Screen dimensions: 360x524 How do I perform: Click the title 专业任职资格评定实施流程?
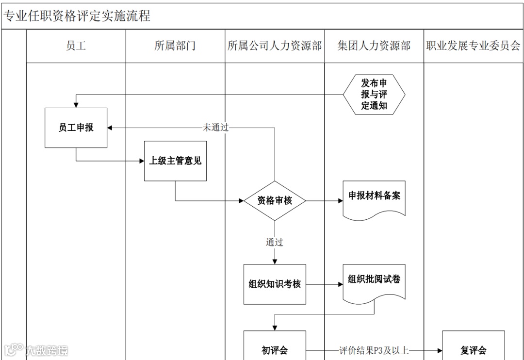pos(77,16)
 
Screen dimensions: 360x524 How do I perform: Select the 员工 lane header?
pos(76,46)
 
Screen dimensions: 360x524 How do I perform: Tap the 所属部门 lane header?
pos(175,46)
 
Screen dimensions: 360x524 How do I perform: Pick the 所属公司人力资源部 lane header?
pos(275,46)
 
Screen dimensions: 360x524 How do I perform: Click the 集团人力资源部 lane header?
pos(374,46)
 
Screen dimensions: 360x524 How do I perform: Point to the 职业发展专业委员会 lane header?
pos(473,46)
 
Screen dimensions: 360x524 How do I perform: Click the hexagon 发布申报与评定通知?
pos(374,94)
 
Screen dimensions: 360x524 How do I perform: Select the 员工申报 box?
pos(76,128)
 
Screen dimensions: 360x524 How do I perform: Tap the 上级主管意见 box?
pos(175,161)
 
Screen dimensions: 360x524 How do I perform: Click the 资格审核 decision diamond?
pos(275,200)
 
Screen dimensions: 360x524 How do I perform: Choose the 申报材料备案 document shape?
pos(374,197)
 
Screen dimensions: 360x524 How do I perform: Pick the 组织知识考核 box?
pos(275,284)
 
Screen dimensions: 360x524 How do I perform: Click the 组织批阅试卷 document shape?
pos(374,281)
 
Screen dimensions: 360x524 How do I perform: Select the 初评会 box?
pos(275,349)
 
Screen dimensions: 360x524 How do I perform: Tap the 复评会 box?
pos(473,349)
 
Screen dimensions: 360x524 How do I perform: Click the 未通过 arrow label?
pos(215,128)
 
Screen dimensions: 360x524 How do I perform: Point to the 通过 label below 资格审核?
pos(275,242)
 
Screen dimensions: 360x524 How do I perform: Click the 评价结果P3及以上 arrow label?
pos(374,350)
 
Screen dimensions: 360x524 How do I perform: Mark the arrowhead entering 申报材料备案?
pos(340,200)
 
